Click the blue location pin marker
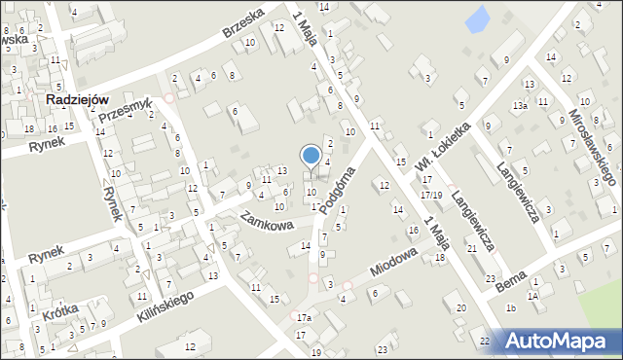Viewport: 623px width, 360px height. tap(311, 156)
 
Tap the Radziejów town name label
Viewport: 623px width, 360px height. tap(75, 99)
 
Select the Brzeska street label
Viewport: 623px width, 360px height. tap(243, 22)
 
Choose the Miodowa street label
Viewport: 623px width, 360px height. tap(393, 260)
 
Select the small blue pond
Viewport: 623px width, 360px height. tap(477, 18)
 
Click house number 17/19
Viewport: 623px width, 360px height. tap(430, 196)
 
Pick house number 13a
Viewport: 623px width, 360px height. tap(521, 105)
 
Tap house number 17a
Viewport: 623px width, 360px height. tap(305, 318)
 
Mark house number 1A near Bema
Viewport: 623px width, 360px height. tap(532, 296)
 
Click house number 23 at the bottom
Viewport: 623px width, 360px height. tap(383, 348)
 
